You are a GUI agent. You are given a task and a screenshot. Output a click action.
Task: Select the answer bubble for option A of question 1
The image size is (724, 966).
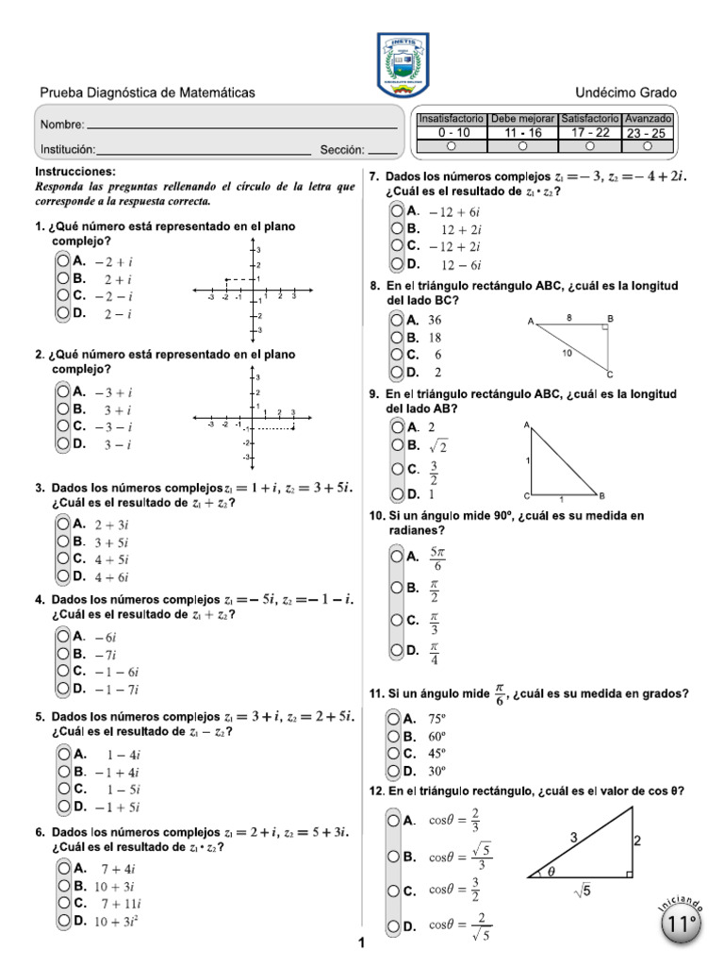point(62,261)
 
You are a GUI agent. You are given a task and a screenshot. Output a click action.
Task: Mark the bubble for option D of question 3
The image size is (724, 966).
point(62,575)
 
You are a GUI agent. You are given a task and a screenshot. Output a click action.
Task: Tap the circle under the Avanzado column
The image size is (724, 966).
point(648,146)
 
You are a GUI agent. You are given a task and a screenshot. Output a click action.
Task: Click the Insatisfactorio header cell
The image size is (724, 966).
point(452,120)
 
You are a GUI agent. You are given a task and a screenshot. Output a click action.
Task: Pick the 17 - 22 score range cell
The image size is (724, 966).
point(590,133)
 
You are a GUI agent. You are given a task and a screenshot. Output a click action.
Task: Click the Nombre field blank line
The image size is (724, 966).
point(241,126)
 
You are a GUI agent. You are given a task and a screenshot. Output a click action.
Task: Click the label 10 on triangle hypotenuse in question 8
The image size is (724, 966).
point(566,353)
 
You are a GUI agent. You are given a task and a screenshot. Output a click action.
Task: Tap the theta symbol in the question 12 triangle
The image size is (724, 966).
point(551,872)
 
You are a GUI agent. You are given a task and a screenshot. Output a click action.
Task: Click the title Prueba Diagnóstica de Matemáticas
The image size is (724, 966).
point(146,92)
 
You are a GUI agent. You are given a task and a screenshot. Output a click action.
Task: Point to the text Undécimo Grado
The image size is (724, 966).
point(626,92)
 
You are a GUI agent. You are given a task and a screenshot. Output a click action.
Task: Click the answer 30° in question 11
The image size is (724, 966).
point(436,771)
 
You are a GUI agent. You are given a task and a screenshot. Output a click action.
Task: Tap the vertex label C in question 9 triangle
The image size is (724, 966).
point(526,495)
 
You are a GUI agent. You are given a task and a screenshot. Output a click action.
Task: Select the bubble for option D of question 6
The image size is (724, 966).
point(62,920)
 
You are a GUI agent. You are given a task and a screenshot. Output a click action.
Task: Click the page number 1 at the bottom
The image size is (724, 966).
point(361,942)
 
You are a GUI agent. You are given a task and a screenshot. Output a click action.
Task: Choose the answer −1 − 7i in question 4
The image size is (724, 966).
point(117,689)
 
